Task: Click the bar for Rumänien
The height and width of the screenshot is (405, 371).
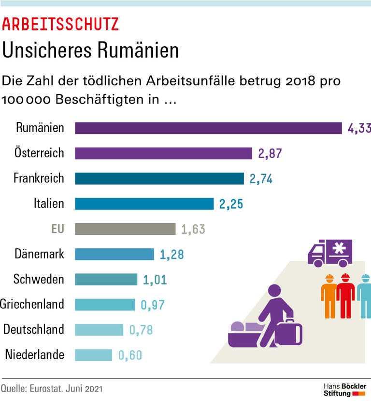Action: [x=208, y=128]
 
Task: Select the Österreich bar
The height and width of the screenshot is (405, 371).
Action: [x=163, y=153]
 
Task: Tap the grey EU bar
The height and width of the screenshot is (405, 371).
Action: [x=125, y=229]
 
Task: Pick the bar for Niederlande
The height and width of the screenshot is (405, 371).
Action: [x=93, y=355]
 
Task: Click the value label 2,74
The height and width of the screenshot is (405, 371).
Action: [x=261, y=179]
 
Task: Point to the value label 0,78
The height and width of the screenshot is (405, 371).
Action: [x=142, y=330]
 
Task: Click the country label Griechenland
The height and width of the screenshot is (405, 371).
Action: [x=32, y=304]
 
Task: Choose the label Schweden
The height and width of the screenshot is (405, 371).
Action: [x=39, y=279]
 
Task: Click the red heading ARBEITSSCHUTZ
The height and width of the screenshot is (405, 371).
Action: [x=60, y=25]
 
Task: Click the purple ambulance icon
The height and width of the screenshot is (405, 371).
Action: [x=330, y=252]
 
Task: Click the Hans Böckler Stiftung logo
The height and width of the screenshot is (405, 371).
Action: [x=344, y=390]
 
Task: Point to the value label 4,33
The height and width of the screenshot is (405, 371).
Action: [x=358, y=128]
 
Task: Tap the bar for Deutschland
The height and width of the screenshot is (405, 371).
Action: [x=99, y=330]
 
